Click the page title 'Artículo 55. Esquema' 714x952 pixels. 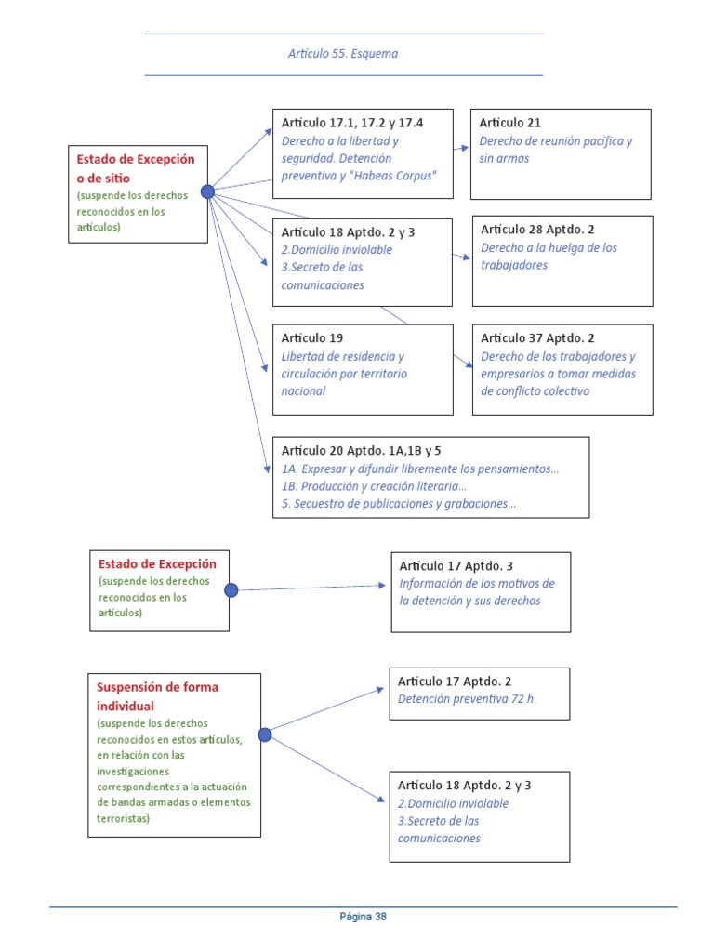pyautogui.click(x=343, y=54)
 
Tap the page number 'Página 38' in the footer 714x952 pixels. pyautogui.click(x=363, y=917)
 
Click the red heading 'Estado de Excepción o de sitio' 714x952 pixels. pyautogui.click(x=136, y=168)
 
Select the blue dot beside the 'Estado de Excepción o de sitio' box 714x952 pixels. pyautogui.click(x=207, y=192)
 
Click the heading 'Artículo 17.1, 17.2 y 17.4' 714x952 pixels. pyautogui.click(x=353, y=123)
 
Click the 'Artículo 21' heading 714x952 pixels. pyautogui.click(x=510, y=123)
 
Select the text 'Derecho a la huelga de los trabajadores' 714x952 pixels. pyautogui.click(x=549, y=257)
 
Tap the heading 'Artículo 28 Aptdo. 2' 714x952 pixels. pyautogui.click(x=537, y=230)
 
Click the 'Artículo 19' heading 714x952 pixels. pyautogui.click(x=312, y=338)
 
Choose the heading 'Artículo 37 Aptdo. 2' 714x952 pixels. pyautogui.click(x=537, y=338)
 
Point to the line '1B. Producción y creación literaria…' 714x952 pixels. pyautogui.click(x=374, y=486)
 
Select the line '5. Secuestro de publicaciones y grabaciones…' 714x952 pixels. pyautogui.click(x=399, y=504)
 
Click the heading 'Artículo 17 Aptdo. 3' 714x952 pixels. pyautogui.click(x=456, y=565)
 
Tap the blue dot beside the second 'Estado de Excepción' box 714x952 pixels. pyautogui.click(x=231, y=589)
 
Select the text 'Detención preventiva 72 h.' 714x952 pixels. pyautogui.click(x=467, y=699)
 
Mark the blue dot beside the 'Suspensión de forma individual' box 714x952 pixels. pyautogui.click(x=265, y=734)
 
